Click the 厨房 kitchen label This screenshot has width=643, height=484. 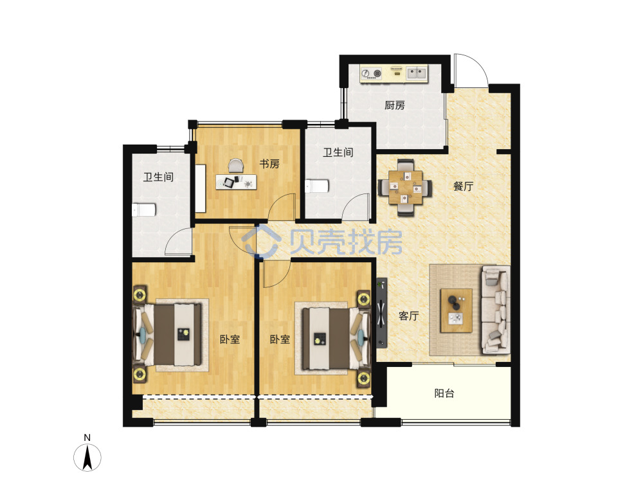click(395, 105)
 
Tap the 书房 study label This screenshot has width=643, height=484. click(269, 164)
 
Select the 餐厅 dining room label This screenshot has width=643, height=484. click(463, 186)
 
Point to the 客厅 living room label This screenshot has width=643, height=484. click(409, 316)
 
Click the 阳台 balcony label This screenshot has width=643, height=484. click(444, 393)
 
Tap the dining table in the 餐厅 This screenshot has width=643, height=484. click(405, 188)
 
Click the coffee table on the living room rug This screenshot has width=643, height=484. click(456, 310)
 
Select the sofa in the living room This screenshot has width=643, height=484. click(496, 310)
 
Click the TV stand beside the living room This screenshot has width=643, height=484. click(382, 313)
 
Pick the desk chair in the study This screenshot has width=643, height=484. click(236, 166)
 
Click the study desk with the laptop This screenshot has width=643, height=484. click(236, 182)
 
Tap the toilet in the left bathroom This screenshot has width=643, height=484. click(143, 210)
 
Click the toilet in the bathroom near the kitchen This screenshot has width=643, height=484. click(317, 186)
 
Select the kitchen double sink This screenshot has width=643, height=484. click(417, 73)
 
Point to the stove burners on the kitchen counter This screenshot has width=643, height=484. click(371, 73)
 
